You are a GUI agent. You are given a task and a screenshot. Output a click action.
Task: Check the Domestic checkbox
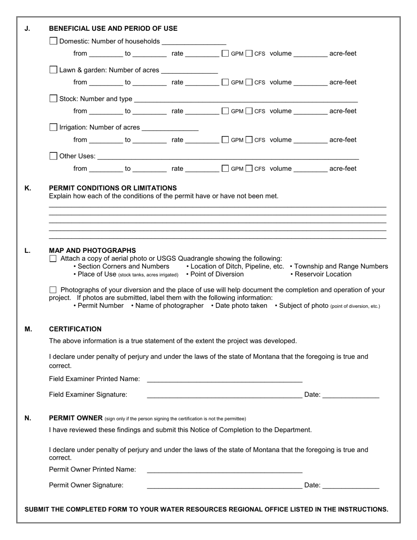(54, 41)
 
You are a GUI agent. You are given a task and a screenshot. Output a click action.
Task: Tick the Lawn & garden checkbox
(54, 70)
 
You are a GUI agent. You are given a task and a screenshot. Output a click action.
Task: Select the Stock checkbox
(54, 98)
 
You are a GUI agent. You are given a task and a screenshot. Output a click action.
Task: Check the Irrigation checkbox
(54, 127)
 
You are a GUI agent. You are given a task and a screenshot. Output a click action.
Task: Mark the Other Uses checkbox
(54, 156)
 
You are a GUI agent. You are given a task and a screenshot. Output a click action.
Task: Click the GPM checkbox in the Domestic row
(225, 54)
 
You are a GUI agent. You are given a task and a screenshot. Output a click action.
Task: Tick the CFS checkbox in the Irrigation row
(249, 140)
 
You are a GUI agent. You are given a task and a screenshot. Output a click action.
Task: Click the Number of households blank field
(194, 41)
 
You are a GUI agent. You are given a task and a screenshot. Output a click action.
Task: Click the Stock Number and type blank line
(246, 98)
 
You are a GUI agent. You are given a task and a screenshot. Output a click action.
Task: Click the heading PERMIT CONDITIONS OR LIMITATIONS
(113, 188)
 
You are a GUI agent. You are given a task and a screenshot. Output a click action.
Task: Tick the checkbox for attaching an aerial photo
(53, 259)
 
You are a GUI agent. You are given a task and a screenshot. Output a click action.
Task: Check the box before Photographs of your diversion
(53, 290)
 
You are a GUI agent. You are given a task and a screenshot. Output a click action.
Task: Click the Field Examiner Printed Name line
(224, 378)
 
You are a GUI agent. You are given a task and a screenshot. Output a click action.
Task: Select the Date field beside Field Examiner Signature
(350, 394)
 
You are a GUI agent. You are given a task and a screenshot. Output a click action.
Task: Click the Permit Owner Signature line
(224, 485)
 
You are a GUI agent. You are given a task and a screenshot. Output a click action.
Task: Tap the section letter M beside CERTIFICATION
(28, 329)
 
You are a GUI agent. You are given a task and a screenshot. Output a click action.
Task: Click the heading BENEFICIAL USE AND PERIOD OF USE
(113, 29)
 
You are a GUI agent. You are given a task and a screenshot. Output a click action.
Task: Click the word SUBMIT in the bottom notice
(37, 509)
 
